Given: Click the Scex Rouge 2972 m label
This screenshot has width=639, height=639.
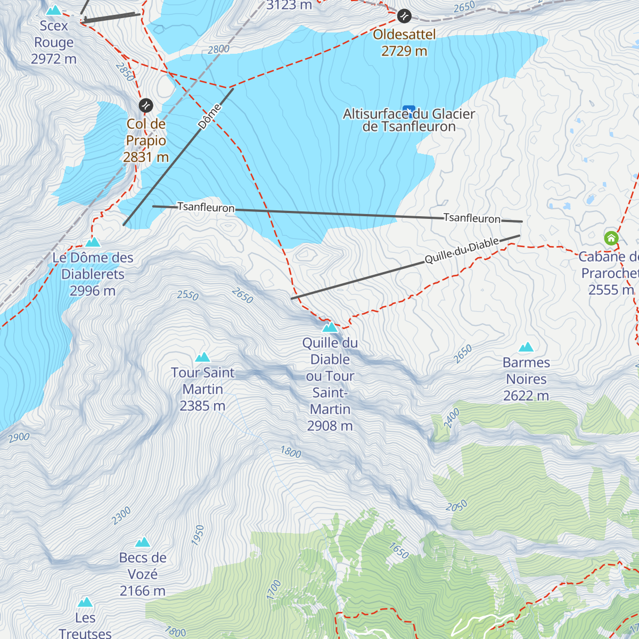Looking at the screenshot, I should (54, 42).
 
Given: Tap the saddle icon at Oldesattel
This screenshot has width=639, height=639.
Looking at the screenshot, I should (405, 16).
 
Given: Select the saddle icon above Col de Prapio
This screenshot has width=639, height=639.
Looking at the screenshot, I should (146, 105).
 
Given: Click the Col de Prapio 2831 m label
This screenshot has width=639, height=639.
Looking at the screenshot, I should (146, 141).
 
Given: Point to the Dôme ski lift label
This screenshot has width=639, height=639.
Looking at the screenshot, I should (209, 117).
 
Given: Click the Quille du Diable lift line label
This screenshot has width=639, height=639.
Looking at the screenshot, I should (461, 250).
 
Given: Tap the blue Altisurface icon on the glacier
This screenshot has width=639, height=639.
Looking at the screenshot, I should (408, 111).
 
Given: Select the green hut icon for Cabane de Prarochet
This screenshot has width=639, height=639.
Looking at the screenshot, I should (611, 237).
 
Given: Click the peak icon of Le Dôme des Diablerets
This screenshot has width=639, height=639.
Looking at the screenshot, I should (93, 242).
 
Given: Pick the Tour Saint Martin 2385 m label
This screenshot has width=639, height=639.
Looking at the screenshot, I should (202, 389).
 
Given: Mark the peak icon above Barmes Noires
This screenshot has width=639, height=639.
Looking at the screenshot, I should (526, 347).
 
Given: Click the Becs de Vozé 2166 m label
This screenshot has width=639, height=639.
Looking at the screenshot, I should (143, 574).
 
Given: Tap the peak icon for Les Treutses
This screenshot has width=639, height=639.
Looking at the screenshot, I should (85, 602).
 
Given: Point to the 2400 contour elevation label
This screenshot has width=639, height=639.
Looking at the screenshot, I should (452, 419).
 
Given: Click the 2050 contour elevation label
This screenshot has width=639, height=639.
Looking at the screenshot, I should (456, 506).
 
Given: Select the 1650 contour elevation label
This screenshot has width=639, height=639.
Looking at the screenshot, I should (399, 551).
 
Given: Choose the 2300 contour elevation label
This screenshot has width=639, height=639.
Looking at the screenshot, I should (121, 515).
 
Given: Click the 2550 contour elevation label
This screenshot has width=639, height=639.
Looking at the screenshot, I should (187, 295).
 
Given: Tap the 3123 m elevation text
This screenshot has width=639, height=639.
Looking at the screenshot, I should (289, 5).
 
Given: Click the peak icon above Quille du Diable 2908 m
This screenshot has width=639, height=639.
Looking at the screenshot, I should (330, 327).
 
